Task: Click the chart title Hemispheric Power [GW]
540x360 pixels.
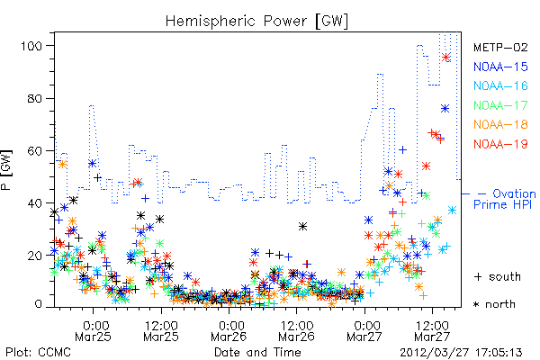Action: click(256, 22)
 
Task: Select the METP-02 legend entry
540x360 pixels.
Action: click(500, 47)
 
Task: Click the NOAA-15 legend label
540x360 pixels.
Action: click(500, 67)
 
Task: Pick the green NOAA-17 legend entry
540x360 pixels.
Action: click(500, 105)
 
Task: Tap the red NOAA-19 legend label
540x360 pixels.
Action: click(500, 144)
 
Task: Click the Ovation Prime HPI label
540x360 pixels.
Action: click(505, 199)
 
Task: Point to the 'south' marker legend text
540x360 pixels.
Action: click(505, 276)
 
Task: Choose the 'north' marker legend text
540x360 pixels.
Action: click(500, 304)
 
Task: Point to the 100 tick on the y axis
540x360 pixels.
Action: click(31, 46)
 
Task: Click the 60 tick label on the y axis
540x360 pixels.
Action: click(35, 151)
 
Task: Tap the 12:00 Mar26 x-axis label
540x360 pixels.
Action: click(296, 330)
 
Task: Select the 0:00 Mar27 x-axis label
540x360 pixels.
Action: click(364, 330)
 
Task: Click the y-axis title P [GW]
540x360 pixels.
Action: click(6, 169)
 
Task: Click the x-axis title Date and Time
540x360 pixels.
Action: click(257, 352)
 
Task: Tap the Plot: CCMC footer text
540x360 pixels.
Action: click(38, 352)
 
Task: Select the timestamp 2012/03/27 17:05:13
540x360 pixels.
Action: click(461, 353)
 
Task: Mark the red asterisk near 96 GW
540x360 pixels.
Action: click(446, 58)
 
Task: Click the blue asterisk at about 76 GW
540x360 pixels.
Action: click(445, 109)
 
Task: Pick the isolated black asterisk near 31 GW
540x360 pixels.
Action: click(302, 226)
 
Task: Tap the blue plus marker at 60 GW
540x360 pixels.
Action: click(402, 150)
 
